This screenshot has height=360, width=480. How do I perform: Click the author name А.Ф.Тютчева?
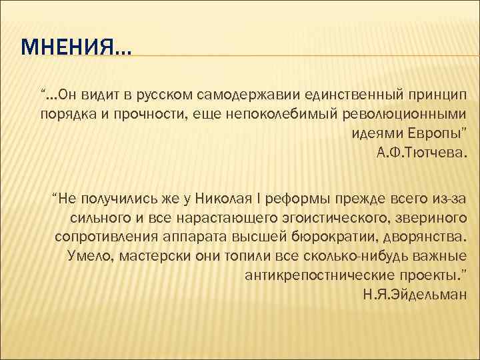tap(423, 154)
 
